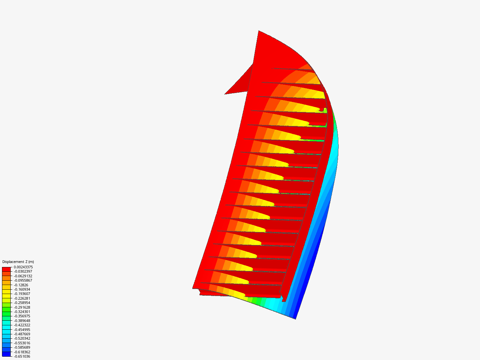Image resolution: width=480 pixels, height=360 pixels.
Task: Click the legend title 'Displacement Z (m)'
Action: click(18, 262)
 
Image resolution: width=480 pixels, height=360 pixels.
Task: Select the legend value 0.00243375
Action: click(23, 267)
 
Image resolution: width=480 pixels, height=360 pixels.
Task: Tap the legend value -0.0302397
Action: click(23, 271)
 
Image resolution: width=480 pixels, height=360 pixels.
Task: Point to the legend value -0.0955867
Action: click(23, 280)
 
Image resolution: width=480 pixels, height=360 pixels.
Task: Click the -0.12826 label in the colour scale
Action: click(21, 285)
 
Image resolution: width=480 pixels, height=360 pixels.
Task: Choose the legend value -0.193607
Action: click(22, 294)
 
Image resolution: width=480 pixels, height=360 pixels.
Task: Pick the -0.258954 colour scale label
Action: click(22, 303)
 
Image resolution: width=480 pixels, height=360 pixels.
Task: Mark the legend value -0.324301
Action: click(22, 312)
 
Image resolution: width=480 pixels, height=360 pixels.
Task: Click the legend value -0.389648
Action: click(22, 321)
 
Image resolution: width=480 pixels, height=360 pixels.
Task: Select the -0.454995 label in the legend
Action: click(22, 330)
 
